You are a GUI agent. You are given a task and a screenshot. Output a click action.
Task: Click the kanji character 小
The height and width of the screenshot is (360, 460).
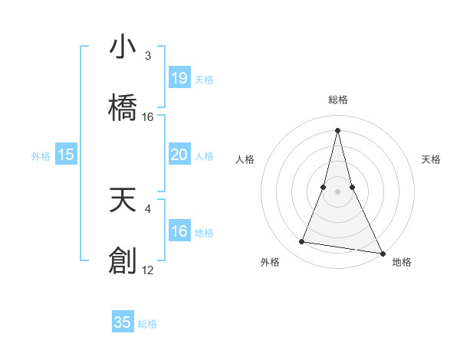[123, 47]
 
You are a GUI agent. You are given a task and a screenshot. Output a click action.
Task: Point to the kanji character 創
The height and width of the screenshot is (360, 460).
[123, 260]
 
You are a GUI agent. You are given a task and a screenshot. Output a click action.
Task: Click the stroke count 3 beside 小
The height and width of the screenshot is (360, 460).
[148, 56]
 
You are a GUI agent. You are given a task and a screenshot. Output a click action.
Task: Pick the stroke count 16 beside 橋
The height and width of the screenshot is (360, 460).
[148, 117]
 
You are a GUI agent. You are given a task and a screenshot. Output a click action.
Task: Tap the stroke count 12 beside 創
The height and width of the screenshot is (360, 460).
[148, 270]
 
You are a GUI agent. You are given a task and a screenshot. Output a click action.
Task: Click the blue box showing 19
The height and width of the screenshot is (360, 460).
[179, 78]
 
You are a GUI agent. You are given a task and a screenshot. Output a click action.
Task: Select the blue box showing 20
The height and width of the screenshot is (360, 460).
[179, 155]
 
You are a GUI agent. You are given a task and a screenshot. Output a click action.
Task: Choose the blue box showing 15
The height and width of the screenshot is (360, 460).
[66, 155]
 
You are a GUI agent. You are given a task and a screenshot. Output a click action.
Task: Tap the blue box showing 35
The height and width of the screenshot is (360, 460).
[123, 322]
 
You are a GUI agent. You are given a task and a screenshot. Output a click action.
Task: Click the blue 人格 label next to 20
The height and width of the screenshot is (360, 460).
[204, 155]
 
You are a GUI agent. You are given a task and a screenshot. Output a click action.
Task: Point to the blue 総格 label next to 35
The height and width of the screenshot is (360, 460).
[147, 323]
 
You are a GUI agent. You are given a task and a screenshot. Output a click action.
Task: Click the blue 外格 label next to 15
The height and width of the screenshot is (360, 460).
[41, 155]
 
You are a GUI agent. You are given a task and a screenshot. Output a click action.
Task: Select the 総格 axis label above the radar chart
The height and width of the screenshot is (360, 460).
[338, 100]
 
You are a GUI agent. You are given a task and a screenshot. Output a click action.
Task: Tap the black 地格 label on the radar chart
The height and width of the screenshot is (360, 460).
[402, 262]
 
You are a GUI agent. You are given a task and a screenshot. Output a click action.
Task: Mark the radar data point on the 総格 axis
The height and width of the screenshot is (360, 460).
[338, 130]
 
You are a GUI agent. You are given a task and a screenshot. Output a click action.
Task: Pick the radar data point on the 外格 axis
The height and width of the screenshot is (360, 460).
[302, 242]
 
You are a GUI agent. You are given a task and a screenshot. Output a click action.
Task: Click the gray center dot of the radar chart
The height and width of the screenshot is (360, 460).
[338, 191]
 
